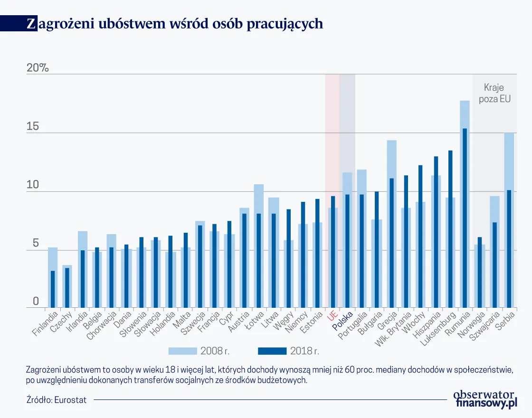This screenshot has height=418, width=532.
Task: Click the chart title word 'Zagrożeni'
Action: pos(57,24)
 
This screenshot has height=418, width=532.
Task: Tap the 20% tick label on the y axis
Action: pos(38,68)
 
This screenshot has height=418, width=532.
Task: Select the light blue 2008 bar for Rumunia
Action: pos(461,114)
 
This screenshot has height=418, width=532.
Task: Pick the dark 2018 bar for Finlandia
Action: pos(53,289)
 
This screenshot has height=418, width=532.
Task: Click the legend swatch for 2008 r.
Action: pos(182,351)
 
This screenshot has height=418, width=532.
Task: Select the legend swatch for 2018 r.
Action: pos(272,351)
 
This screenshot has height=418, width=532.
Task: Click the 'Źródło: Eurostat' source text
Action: pos(57,400)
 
